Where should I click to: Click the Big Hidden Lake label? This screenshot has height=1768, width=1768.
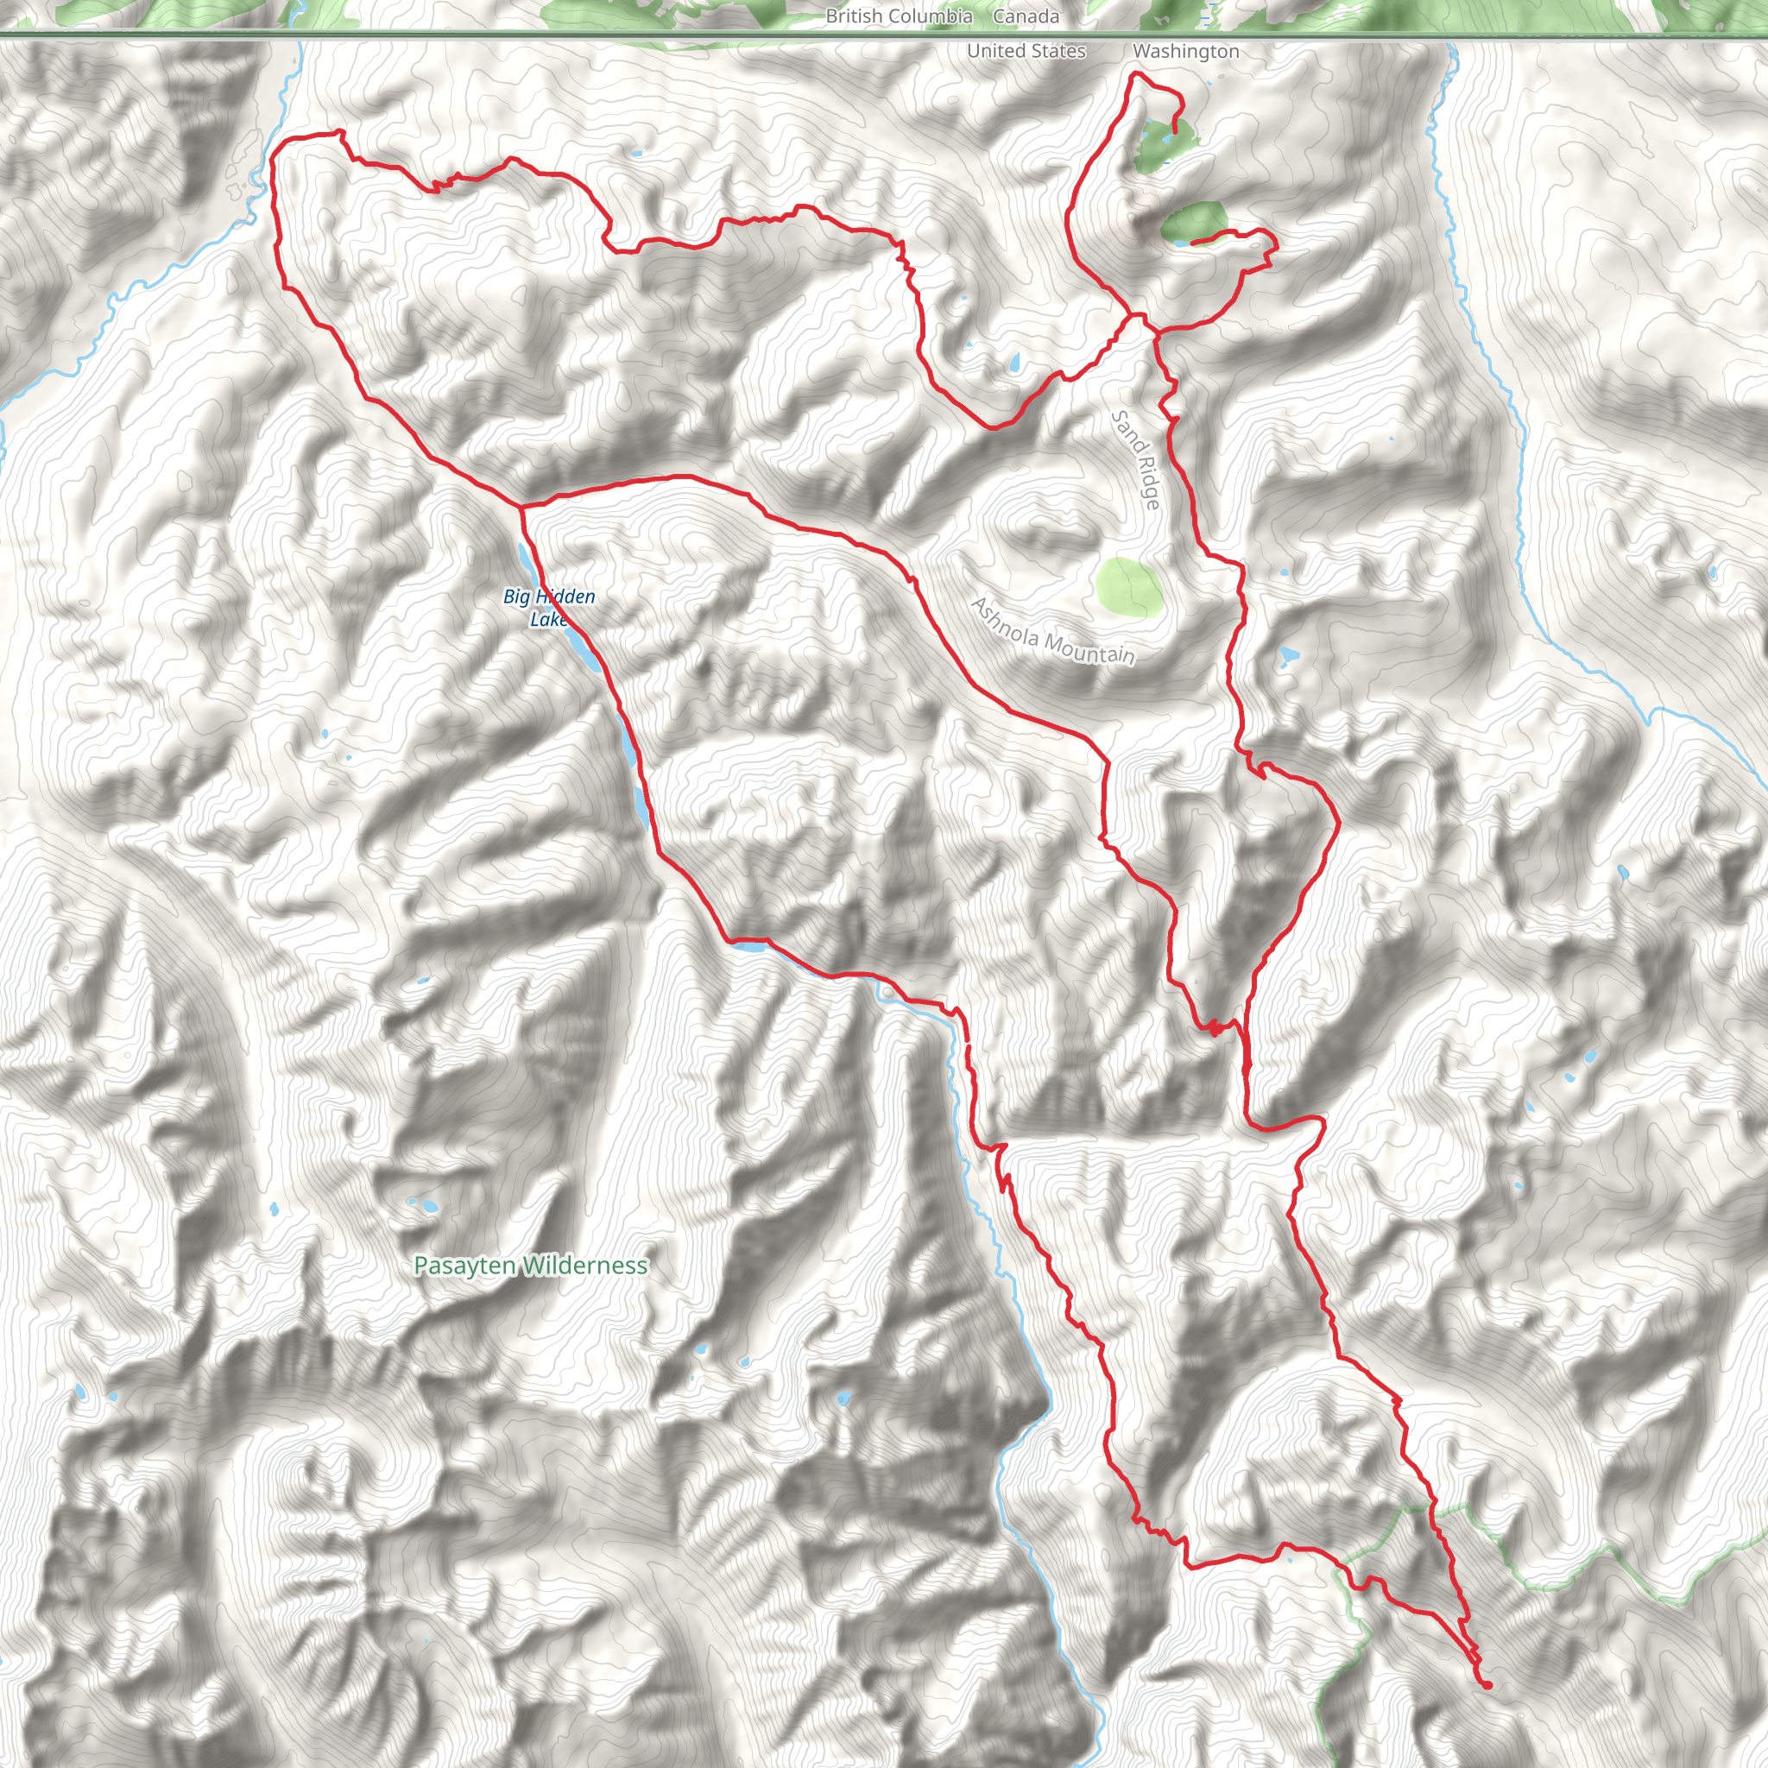click(549, 608)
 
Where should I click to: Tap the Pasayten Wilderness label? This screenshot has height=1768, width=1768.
click(530, 1266)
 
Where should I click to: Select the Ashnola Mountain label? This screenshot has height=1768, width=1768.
click(1052, 631)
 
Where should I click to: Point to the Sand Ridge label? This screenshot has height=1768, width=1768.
click(1136, 459)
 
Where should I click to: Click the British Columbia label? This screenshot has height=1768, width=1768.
click(899, 16)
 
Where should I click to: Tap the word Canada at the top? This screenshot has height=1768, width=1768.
click(1026, 16)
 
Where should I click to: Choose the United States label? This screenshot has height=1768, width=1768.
click(1026, 51)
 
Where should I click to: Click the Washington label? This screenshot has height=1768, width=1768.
click(1185, 51)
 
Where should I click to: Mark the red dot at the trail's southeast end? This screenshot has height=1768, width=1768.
click(1487, 1685)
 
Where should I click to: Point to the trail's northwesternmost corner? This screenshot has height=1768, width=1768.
click(277, 147)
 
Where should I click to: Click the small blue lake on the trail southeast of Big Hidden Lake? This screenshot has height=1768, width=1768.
click(748, 946)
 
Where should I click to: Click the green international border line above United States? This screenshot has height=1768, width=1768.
click(641, 35)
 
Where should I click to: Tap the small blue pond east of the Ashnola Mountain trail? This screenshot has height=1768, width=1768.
click(1289, 655)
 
